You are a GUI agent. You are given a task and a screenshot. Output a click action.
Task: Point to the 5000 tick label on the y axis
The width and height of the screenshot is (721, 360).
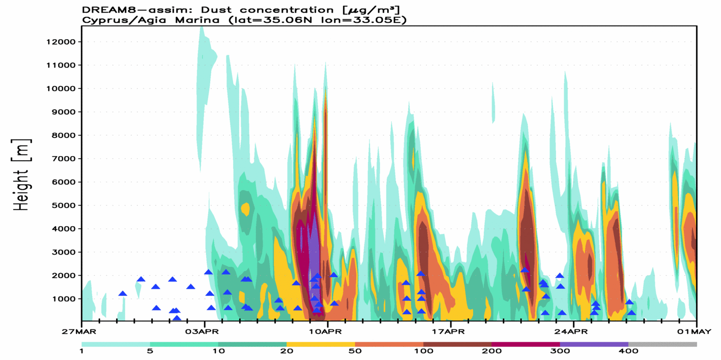60,205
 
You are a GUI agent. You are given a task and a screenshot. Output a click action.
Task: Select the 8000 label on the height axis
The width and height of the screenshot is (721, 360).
60,135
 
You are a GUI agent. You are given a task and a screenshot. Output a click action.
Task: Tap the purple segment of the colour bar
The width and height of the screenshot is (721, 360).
594,344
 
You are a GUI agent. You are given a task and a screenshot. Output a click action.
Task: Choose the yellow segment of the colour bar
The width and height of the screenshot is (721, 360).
321,344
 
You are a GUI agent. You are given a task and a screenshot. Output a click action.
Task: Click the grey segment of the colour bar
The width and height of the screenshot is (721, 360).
662,344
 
